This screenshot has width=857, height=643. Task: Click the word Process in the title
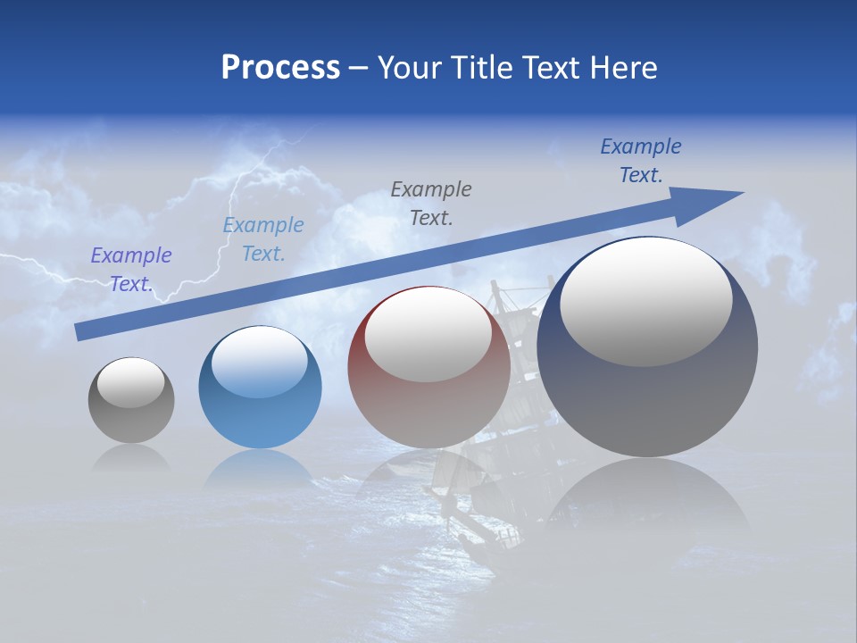[x=280, y=68]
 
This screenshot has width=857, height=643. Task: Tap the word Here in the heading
[x=622, y=68]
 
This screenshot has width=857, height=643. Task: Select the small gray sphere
[x=131, y=420]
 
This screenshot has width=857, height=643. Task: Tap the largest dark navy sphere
[x=647, y=402]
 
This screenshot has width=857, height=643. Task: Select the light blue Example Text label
[x=262, y=239]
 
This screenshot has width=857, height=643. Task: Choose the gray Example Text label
[x=431, y=203]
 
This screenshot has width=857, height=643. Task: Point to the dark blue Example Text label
[x=640, y=161]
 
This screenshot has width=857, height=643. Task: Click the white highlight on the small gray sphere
[x=130, y=383]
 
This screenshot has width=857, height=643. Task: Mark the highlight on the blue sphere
[x=259, y=363]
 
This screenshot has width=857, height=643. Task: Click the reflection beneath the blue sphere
[x=259, y=468]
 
